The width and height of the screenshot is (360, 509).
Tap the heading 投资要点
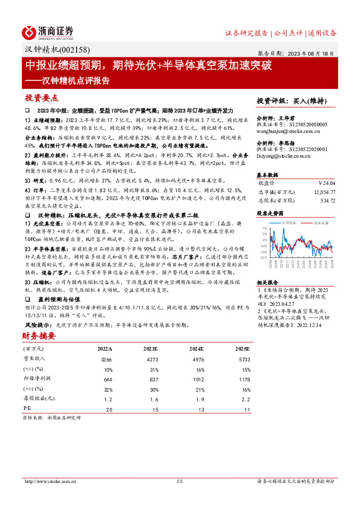click(x=41, y=97)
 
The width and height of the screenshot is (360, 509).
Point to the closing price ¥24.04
click(x=326, y=181)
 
